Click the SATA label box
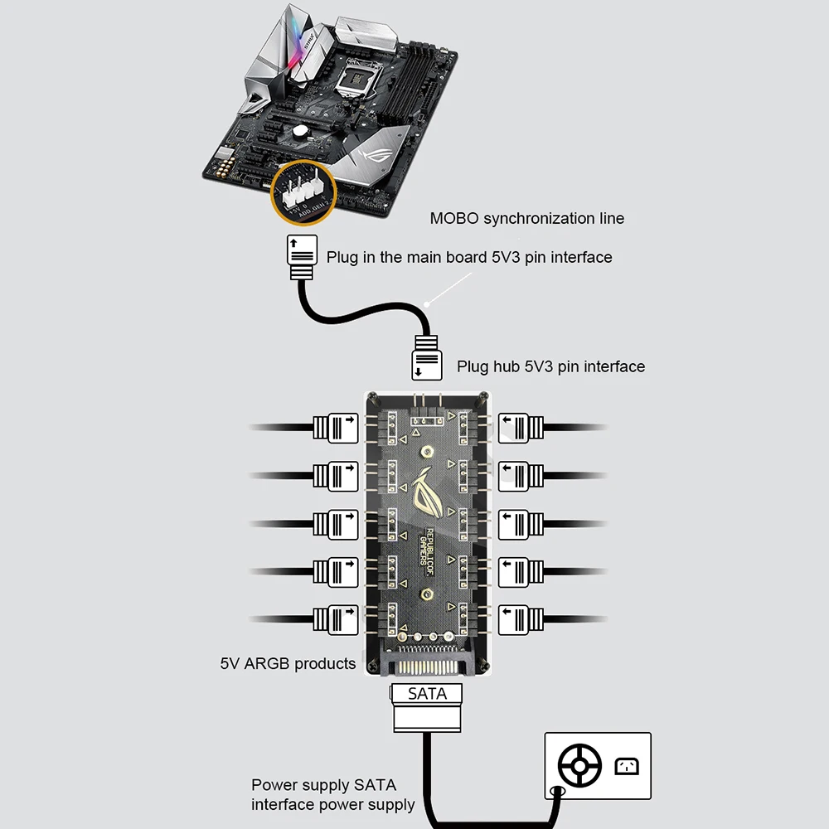coord(428,693)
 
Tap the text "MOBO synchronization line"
coord(526,219)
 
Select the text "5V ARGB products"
coord(288,663)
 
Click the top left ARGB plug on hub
coord(336,428)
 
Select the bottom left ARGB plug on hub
coord(336,618)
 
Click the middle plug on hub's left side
coord(336,523)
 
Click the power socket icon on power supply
coord(626,766)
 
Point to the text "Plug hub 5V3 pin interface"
coord(550,366)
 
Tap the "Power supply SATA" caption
coord(324,785)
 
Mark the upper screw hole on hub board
coord(425,452)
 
